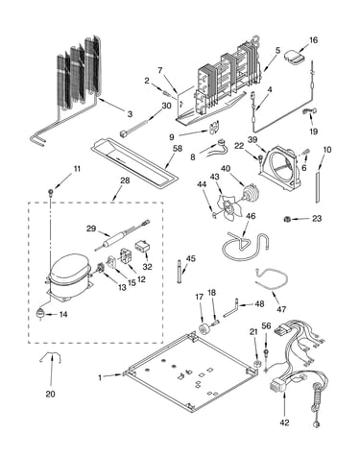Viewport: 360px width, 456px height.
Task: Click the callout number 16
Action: (x=313, y=40)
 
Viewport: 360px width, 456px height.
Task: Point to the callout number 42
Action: (x=284, y=422)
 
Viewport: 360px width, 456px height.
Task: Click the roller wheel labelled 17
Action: (x=203, y=328)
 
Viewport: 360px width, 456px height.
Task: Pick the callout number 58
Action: (x=177, y=148)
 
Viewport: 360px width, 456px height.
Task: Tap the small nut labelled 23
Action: (x=287, y=219)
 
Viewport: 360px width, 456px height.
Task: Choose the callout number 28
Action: (x=125, y=180)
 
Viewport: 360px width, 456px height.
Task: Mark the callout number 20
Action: (x=50, y=394)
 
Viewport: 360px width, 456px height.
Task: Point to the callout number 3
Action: (x=130, y=114)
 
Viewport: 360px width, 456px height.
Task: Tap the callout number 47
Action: (x=281, y=309)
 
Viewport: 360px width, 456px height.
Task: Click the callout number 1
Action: (x=100, y=377)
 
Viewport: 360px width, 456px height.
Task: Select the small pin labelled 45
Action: (x=179, y=272)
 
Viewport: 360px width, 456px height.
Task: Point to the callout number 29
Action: (x=91, y=228)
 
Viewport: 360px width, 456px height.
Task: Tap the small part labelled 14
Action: (x=40, y=314)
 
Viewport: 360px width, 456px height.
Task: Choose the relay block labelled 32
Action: (x=142, y=248)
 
